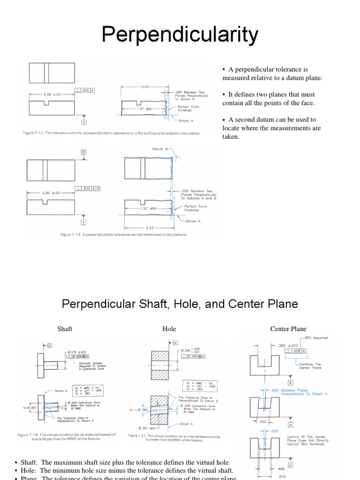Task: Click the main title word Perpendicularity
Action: click(180, 35)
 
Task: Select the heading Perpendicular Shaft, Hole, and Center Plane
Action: click(180, 304)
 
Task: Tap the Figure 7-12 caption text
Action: click(112, 133)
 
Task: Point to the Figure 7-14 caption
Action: click(123, 234)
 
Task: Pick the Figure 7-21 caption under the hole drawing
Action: click(174, 438)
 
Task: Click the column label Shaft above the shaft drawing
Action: click(65, 329)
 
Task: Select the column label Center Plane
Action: click(288, 329)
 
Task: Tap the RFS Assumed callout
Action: click(316, 337)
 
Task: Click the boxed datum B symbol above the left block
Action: click(84, 152)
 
